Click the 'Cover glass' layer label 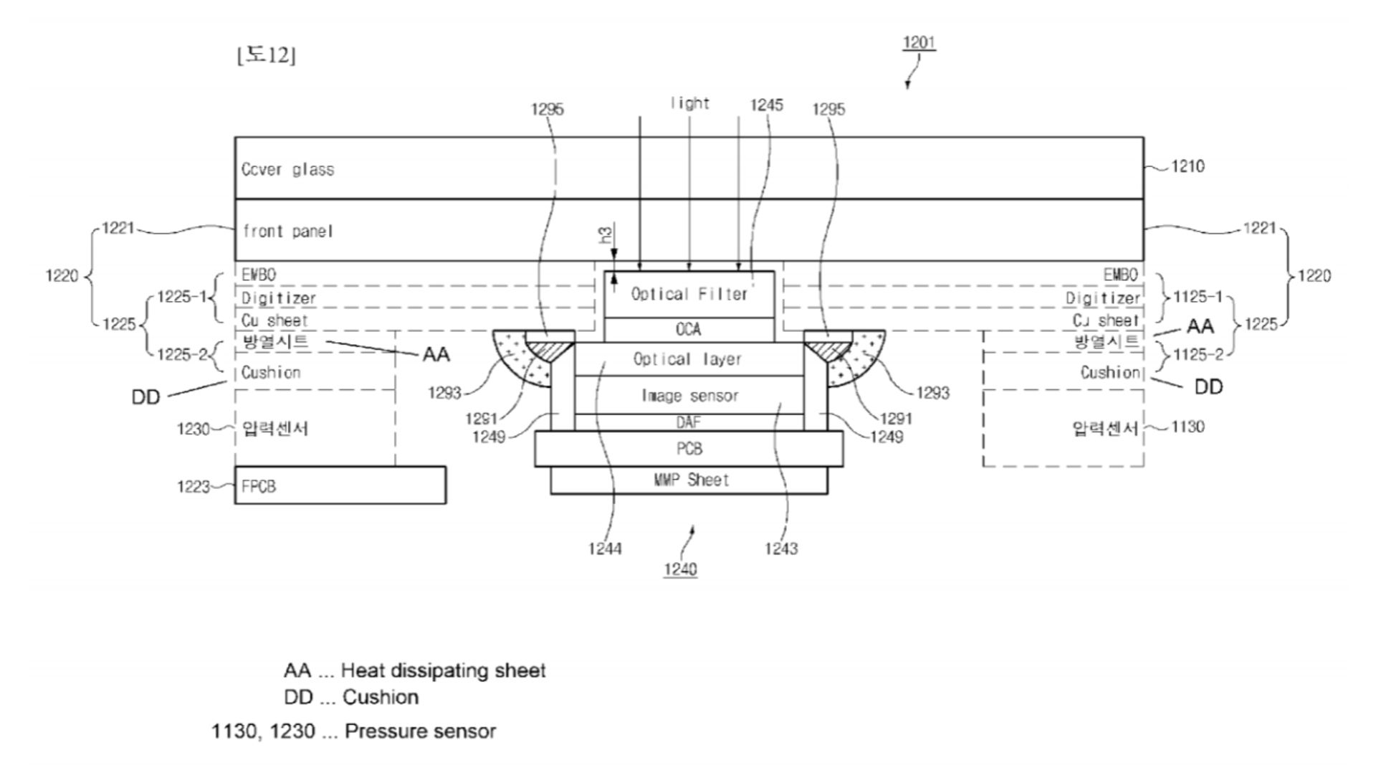click(x=287, y=169)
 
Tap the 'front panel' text click(x=287, y=231)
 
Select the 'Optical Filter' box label click(x=689, y=294)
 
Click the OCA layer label click(x=688, y=329)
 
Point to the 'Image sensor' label click(x=689, y=395)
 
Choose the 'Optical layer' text click(x=687, y=359)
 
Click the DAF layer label click(x=688, y=422)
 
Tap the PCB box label click(x=689, y=449)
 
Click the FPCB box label click(x=259, y=486)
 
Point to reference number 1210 click(x=1188, y=166)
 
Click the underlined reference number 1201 click(x=919, y=43)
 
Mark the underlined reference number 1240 click(x=680, y=569)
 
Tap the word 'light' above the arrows click(x=689, y=103)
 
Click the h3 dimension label click(x=606, y=234)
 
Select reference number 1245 click(x=766, y=105)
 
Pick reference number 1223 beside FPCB click(x=193, y=487)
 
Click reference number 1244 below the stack click(x=605, y=549)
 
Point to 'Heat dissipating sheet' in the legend click(x=443, y=670)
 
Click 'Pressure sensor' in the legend click(x=420, y=731)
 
